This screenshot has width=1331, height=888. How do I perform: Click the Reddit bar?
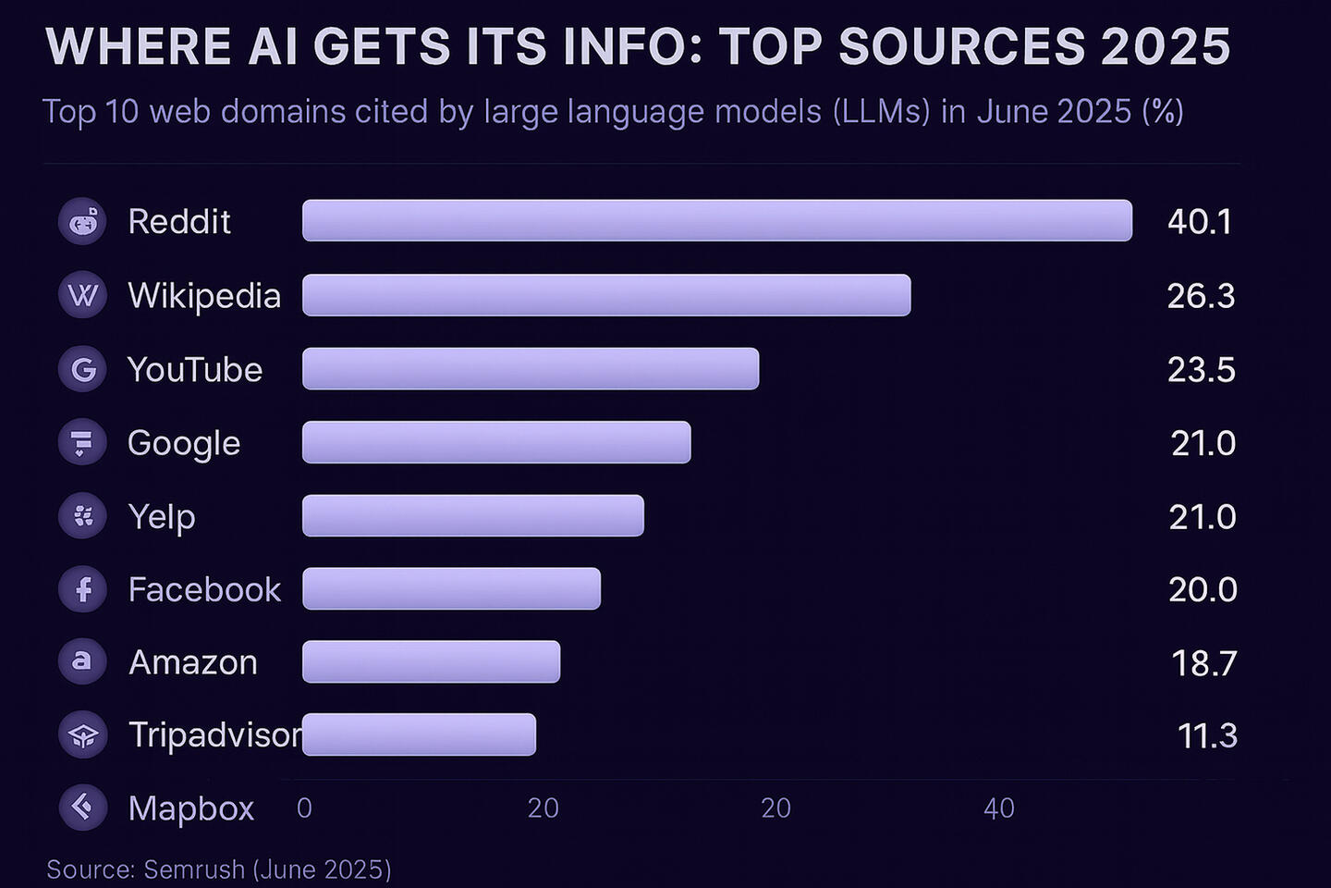(716, 221)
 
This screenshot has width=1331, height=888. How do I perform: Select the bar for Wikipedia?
(606, 295)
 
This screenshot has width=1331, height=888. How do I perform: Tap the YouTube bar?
(531, 369)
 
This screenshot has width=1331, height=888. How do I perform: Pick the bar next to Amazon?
(431, 662)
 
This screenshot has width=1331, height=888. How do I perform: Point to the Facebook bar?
(451, 589)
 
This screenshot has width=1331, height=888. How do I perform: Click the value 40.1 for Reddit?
(1200, 222)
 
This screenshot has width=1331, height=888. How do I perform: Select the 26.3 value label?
(1201, 296)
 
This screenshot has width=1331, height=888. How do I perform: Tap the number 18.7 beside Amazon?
(1203, 663)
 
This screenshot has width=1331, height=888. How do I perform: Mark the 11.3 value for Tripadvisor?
(1207, 736)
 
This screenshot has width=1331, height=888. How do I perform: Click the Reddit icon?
(83, 222)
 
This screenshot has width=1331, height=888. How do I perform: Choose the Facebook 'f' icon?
(83, 589)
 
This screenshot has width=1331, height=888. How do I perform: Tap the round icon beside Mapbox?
(83, 808)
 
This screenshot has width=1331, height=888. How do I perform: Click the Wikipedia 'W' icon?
(83, 296)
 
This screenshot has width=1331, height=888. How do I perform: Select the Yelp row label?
(162, 517)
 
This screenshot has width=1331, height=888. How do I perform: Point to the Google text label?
(184, 444)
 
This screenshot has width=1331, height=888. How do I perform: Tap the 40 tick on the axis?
(999, 808)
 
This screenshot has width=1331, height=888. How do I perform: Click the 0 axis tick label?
(304, 808)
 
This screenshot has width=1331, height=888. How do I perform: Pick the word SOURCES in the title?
(961, 46)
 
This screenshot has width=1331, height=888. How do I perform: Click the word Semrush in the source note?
(194, 869)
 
